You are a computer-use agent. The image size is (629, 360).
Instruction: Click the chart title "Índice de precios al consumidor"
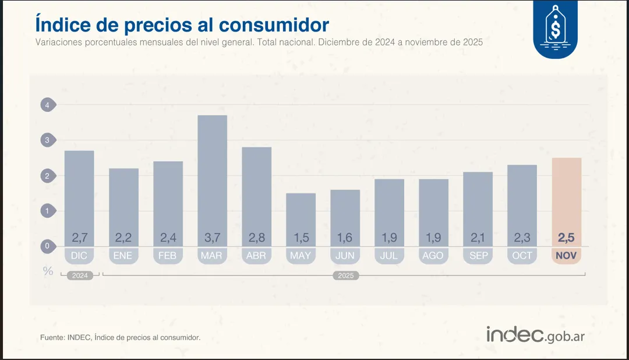click(x=182, y=24)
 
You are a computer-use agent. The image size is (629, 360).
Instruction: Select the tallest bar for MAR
click(x=212, y=175)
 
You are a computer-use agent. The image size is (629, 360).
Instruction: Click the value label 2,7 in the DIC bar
click(x=79, y=237)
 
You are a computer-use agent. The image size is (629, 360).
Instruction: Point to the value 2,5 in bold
click(x=566, y=237)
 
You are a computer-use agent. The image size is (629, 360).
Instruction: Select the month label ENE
click(x=123, y=256)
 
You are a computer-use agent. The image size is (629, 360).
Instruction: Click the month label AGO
click(x=433, y=256)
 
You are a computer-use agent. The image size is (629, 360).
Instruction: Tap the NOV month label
click(x=566, y=256)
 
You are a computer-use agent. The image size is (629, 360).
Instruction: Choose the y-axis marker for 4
click(x=47, y=105)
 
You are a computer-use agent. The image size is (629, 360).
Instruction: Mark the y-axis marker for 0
click(x=47, y=246)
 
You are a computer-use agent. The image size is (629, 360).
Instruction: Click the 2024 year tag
click(x=80, y=276)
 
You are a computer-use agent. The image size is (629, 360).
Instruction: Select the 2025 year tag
click(x=345, y=276)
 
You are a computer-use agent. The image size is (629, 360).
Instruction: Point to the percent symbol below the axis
click(x=48, y=271)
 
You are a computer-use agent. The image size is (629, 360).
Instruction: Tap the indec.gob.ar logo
click(x=535, y=335)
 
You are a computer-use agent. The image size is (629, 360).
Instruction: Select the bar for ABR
click(x=256, y=192)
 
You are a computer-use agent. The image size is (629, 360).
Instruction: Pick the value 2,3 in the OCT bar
click(x=522, y=237)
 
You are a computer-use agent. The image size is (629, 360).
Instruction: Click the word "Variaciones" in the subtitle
click(x=57, y=43)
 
